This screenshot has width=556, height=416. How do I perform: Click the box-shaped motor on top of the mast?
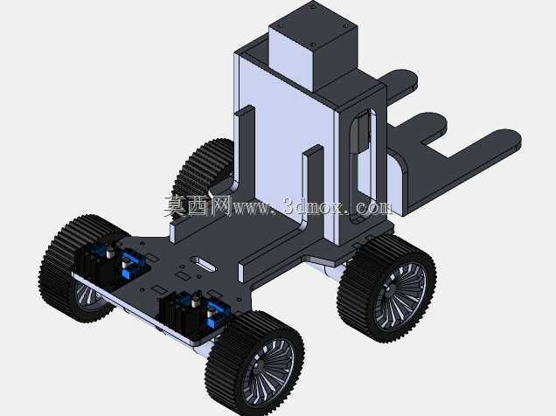pyautogui.click(x=313, y=46)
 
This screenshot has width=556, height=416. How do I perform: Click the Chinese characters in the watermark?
pyautogui.click(x=198, y=206)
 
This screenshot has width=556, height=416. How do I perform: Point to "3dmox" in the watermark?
pyautogui.click(x=314, y=206)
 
